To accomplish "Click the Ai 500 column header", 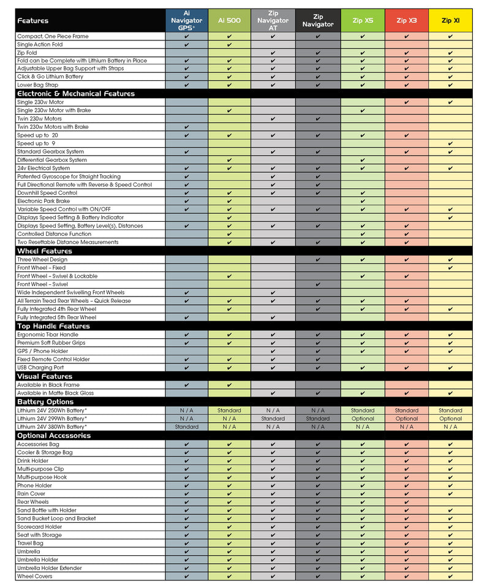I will click(229, 20).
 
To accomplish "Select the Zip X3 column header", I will click(406, 20).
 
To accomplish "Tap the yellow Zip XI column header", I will click(450, 20).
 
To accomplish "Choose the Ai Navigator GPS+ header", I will click(186, 20).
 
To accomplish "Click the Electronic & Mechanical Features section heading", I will click(76, 94).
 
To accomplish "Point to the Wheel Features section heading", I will click(45, 251).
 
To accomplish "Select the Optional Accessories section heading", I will click(54, 435).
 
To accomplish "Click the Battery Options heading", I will click(45, 402).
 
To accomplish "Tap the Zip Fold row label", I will click(27, 53).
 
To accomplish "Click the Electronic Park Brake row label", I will click(43, 201).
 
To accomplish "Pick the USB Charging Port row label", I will click(40, 368).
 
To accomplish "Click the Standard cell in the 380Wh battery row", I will click(186, 427).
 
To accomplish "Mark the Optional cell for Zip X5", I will click(363, 419).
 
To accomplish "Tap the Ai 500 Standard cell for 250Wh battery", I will click(229, 411).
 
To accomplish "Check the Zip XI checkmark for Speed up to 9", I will click(450, 143).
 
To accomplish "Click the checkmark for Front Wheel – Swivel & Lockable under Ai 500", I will click(229, 276).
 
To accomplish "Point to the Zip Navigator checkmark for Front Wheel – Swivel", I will click(318, 284).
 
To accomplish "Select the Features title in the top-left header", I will click(33, 20).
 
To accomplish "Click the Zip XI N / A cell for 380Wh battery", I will click(450, 427).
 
